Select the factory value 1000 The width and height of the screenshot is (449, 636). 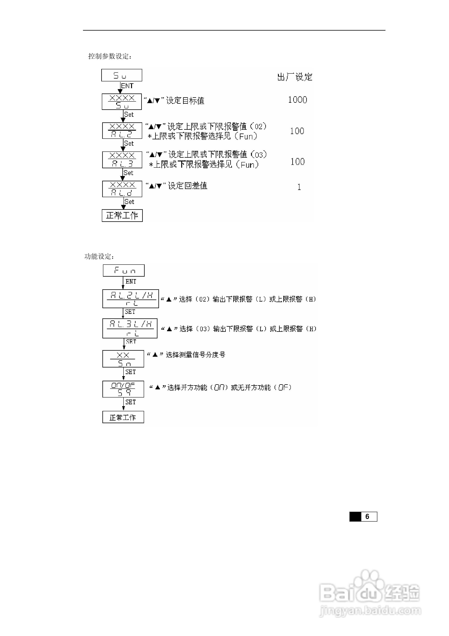(x=297, y=100)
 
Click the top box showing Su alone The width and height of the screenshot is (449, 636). (x=121, y=75)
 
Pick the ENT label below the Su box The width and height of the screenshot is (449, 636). (x=127, y=86)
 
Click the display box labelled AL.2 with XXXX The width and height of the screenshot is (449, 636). (x=122, y=130)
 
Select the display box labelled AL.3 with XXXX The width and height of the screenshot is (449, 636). (x=122, y=160)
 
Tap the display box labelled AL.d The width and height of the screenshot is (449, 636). (x=122, y=189)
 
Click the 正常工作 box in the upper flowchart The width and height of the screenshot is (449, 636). (x=122, y=215)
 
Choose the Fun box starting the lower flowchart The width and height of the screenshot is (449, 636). (x=124, y=270)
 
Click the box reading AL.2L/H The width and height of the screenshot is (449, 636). (x=130, y=299)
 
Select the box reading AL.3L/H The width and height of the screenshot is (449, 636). (x=130, y=328)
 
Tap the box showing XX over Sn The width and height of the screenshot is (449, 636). (x=123, y=359)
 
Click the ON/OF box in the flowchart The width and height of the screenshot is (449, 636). (x=123, y=389)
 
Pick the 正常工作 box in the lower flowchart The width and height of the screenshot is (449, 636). (x=123, y=417)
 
